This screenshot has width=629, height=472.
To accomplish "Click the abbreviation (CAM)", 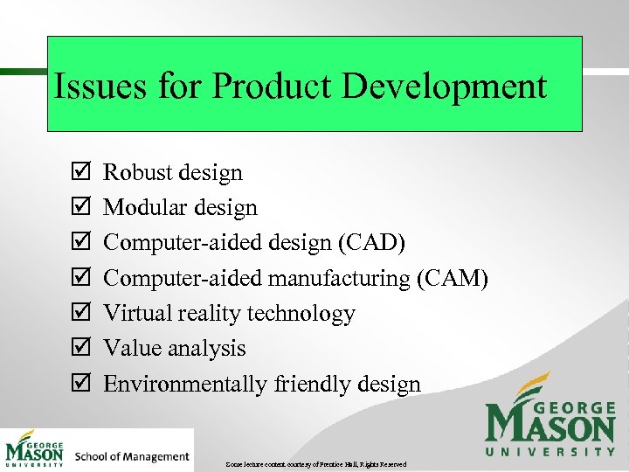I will click(452, 278).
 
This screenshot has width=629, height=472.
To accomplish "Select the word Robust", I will click(137, 172).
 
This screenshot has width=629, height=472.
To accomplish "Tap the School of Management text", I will click(132, 456).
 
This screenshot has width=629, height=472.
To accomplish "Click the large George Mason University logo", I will click(550, 415).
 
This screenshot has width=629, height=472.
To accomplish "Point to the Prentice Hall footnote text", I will click(314, 463).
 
